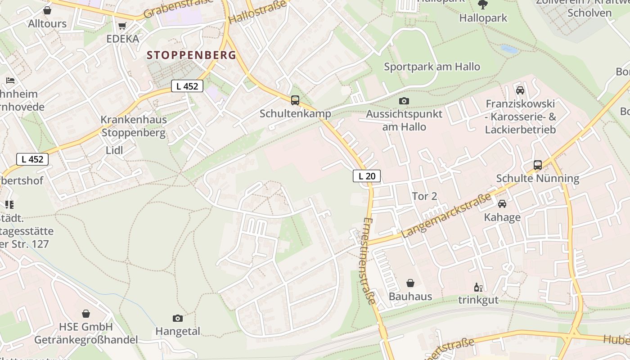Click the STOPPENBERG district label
point(192,55)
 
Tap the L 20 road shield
point(367,176)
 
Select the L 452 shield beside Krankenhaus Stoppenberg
point(187,86)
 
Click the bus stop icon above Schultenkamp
point(295,100)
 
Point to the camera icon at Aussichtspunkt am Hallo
point(404,101)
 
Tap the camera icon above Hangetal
point(178,318)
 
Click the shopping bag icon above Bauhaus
point(410,283)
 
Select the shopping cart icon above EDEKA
point(122,26)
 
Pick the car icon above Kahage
point(502,204)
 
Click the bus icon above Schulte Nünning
point(538,165)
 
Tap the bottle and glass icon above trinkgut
point(478,287)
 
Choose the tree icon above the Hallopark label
point(483,5)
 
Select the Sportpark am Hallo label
point(432,67)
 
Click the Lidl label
point(114,150)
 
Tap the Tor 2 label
point(424,196)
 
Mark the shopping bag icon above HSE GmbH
point(86,313)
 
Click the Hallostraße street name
point(257,12)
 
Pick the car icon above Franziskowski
point(520,90)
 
